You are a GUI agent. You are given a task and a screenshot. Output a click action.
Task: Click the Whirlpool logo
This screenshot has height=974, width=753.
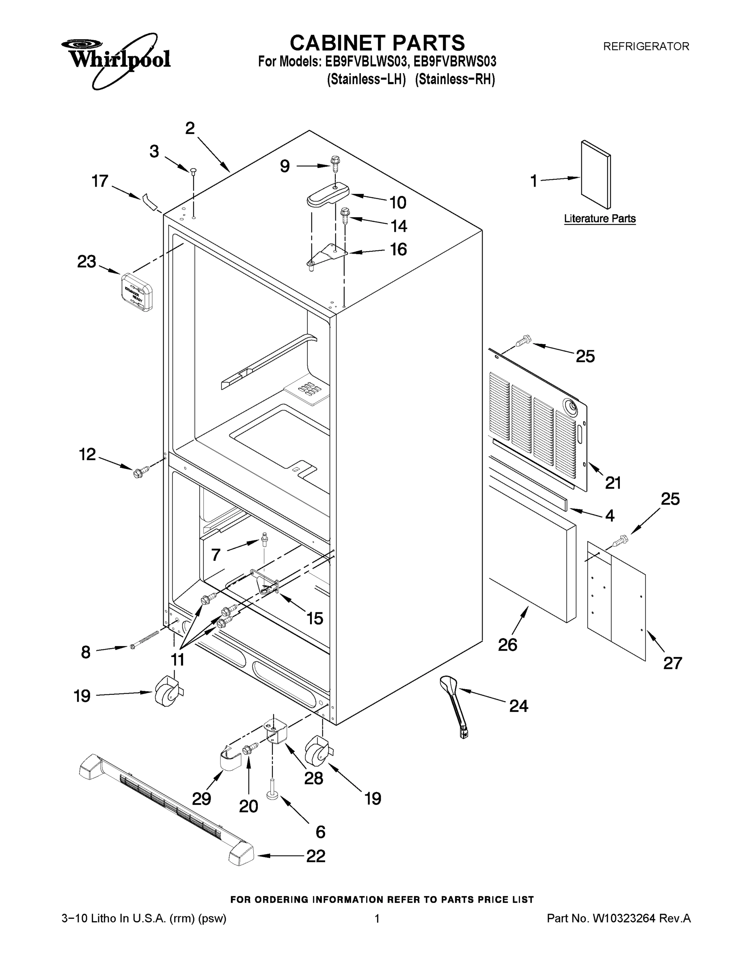116,59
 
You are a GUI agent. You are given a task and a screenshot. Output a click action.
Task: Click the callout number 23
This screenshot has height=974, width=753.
86,261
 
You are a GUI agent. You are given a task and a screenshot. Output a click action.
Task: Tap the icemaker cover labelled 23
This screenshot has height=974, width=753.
137,292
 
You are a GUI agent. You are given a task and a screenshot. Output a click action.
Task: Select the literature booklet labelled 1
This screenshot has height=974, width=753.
596,175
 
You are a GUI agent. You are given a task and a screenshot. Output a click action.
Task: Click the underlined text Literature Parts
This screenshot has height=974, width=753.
600,218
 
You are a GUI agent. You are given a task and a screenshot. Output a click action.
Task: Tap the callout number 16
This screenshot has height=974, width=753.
398,249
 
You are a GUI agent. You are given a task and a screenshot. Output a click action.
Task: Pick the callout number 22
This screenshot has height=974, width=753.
315,856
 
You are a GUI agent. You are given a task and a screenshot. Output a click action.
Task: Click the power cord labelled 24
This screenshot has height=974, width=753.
455,706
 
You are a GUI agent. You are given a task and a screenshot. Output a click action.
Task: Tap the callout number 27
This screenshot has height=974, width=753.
672,663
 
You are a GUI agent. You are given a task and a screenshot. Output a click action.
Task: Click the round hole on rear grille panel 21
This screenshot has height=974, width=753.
571,406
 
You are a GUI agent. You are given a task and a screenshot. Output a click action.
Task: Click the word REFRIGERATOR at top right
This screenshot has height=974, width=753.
646,46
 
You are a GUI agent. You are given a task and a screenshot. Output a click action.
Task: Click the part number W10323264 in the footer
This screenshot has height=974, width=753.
623,918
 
